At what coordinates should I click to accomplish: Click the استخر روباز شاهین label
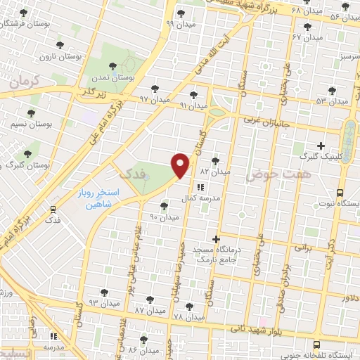point(99,197)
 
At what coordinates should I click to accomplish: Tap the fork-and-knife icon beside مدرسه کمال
point(200,187)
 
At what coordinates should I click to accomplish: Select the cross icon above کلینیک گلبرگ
point(321,146)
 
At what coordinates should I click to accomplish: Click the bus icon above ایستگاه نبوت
point(340,192)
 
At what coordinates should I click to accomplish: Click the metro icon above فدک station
point(53,209)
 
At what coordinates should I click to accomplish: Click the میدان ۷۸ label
point(188,317)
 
